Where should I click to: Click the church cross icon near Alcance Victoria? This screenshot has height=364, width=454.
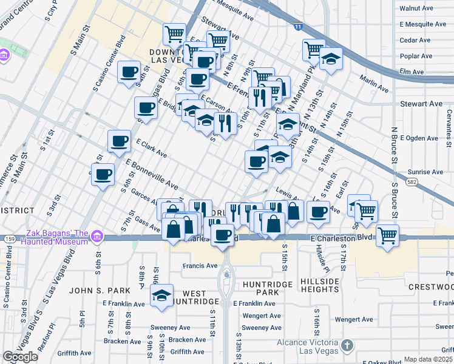click(x=347, y=346)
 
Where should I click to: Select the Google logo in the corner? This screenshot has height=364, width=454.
click(x=20, y=357)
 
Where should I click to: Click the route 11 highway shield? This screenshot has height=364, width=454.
click(x=297, y=27)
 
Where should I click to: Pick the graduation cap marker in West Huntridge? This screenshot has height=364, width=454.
click(x=161, y=295)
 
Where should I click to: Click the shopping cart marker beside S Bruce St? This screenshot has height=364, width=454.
click(x=387, y=234)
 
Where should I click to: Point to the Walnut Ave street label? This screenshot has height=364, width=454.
click(x=416, y=8)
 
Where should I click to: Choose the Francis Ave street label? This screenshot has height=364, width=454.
click(x=200, y=266)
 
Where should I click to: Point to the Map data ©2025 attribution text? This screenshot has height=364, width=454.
click(x=429, y=359)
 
